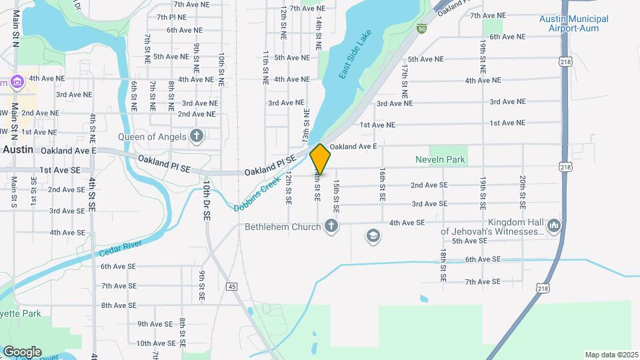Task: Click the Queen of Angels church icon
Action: pos(196,137)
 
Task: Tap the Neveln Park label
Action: pos(441,160)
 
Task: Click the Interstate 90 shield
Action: pos(422,28)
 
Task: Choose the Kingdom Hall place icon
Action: pos(553,227)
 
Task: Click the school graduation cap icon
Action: pos(373,235)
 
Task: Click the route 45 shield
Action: pos(231,286)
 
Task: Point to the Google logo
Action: pos(22,351)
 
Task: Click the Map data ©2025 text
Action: pos(611,354)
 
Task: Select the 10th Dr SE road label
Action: pos(207,201)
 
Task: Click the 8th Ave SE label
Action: pos(119,305)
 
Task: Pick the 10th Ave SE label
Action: pos(156,343)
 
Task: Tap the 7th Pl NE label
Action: pos(171,16)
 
